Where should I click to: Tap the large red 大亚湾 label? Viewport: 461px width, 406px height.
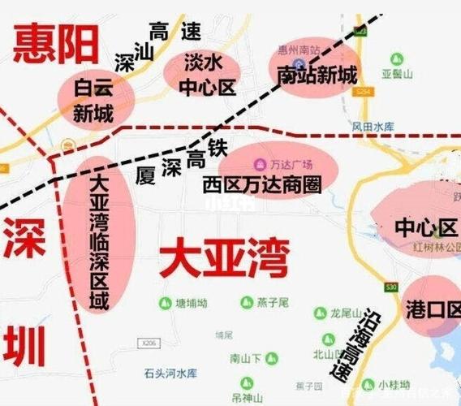pos(223,259)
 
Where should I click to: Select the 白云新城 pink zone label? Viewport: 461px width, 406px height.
pos(93,100)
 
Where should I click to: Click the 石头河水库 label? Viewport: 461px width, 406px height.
pos(170,374)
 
